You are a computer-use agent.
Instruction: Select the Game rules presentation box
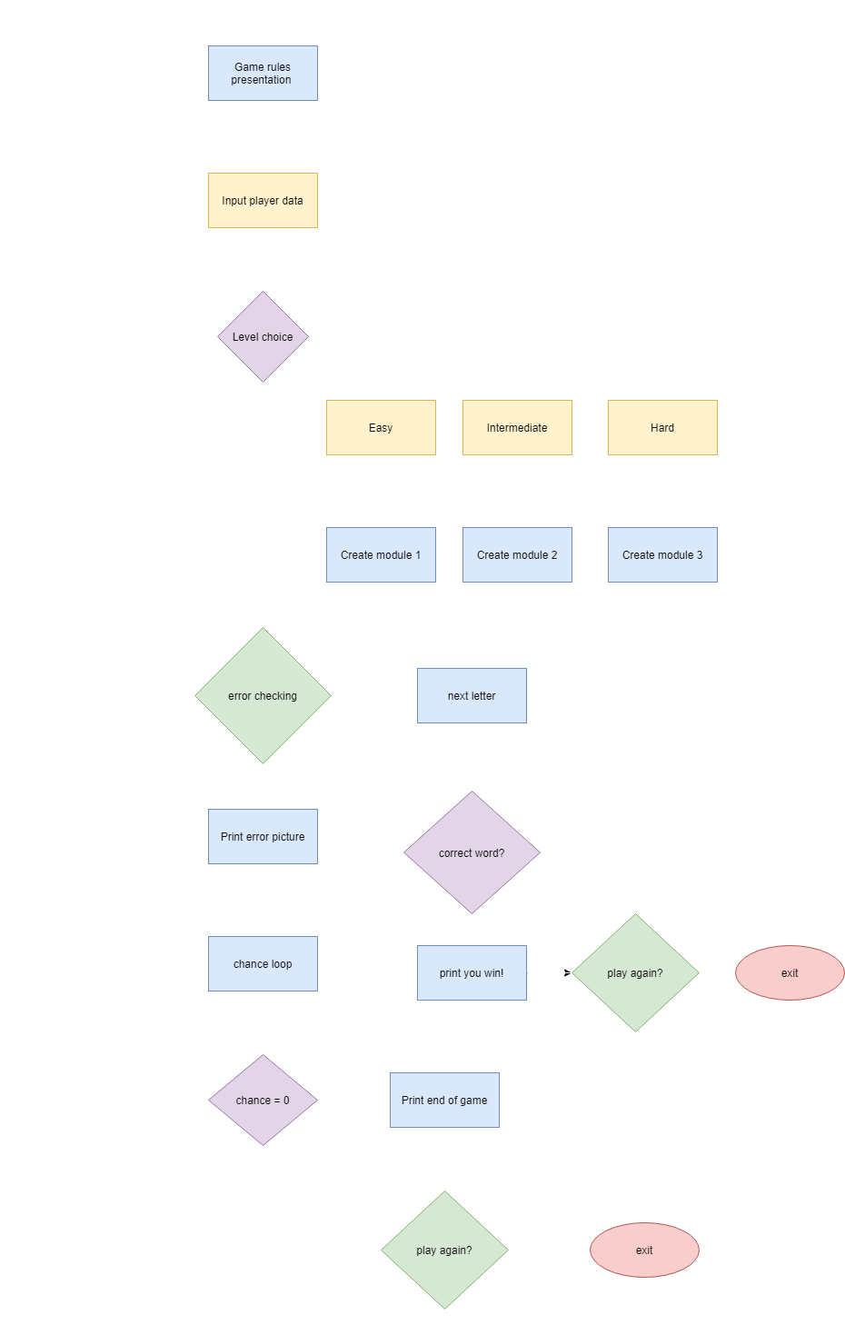tap(263, 73)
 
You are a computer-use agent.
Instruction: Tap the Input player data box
tap(263, 200)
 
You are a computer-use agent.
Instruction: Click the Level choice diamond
tap(263, 336)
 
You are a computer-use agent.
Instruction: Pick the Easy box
tap(381, 427)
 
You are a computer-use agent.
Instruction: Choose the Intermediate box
tap(517, 427)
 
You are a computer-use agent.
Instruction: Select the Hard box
tap(662, 427)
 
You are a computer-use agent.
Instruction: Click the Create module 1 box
tap(381, 554)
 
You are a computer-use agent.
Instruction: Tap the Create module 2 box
tap(517, 554)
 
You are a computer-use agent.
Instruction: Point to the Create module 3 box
tap(662, 554)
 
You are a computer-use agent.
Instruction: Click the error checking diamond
tap(263, 695)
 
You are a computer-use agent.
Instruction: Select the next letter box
tap(472, 695)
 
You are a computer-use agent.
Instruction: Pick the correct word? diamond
tap(472, 852)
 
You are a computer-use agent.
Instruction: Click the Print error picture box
tap(263, 836)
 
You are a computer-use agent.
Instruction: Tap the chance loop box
tap(263, 963)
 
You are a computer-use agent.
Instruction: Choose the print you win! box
tap(472, 972)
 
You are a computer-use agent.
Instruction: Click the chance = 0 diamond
tap(263, 1100)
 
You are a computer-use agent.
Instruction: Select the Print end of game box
tap(444, 1100)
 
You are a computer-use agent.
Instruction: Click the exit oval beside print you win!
tap(790, 972)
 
